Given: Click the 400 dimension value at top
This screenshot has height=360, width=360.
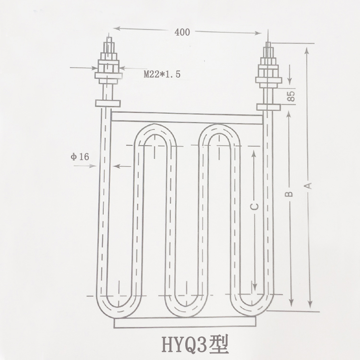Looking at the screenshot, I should pyautogui.click(x=182, y=32).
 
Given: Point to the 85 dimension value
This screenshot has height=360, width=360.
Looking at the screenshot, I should pyautogui.click(x=291, y=96).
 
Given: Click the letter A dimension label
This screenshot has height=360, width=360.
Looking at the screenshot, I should pyautogui.click(x=309, y=185).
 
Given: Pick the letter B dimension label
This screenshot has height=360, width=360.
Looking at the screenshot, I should pyautogui.click(x=288, y=194).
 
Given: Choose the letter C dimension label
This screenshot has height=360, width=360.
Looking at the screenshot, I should pyautogui.click(x=255, y=206).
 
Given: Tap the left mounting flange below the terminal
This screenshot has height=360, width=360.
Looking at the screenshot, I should pyautogui.click(x=108, y=103).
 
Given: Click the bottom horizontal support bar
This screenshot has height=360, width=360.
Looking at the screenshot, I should pyautogui.click(x=188, y=324).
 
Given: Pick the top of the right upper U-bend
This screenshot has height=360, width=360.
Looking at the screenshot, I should pyautogui.click(x=219, y=129).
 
